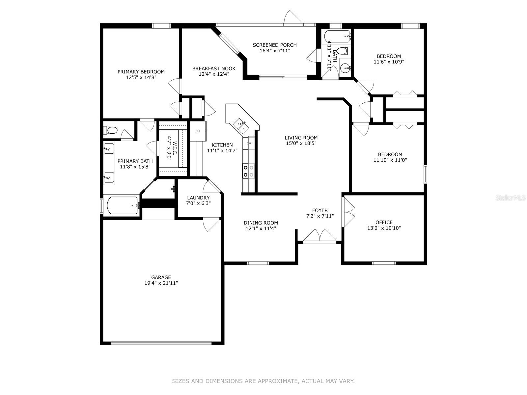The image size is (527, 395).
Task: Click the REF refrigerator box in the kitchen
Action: pos(198,131)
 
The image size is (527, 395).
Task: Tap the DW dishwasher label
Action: pos(249,143)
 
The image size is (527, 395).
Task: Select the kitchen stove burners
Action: pos(248,171)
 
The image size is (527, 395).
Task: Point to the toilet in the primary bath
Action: pos(111,130)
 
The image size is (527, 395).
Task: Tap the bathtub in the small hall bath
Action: pos(337,36)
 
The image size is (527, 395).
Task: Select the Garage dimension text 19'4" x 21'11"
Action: pos(161,283)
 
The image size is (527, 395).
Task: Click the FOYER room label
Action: pos(320,210)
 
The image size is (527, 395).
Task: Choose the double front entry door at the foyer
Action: pos(319,236)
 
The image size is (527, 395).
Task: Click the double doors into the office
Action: pos(348,211)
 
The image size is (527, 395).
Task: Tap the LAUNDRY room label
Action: pos(198,198)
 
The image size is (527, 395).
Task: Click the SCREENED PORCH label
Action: pos(275,45)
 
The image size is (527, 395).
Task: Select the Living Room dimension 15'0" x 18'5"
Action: pos(301,143)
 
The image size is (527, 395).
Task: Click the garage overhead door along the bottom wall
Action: pos(161,343)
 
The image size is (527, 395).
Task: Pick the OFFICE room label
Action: pos(384,222)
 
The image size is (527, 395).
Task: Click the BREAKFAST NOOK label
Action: pos(214,68)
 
